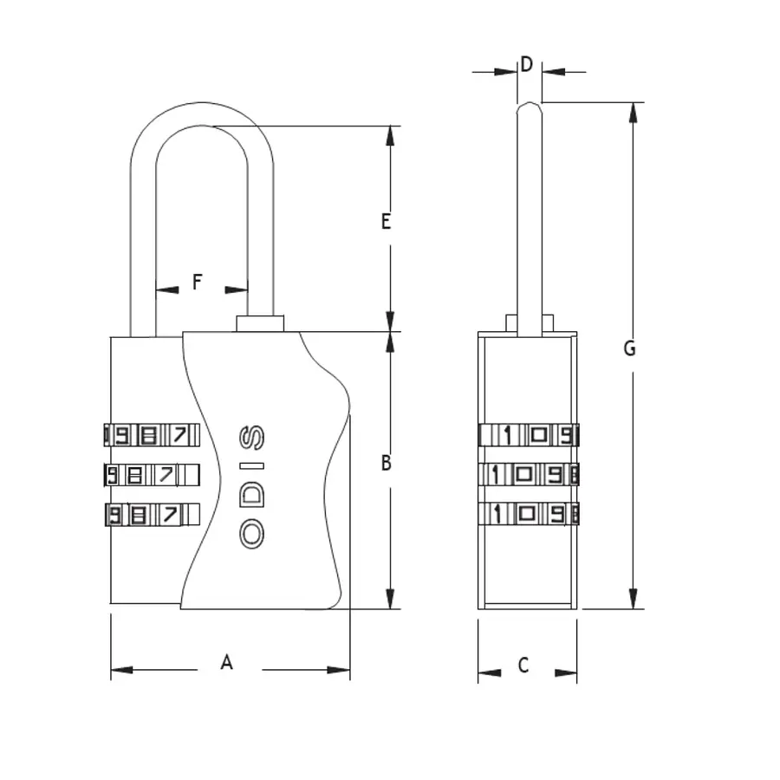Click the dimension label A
coord(227,663)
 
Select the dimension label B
coord(387,464)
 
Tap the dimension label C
coord(523,666)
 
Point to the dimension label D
coord(526,64)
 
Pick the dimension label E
coord(387,222)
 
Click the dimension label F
coord(197,283)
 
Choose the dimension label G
coord(630,348)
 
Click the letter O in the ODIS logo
coord(251,534)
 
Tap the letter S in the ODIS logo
coord(251,439)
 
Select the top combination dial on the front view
coord(147,435)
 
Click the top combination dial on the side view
coord(528,435)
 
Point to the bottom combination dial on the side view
coord(528,514)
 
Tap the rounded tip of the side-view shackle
coord(529,107)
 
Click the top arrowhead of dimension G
coord(634,111)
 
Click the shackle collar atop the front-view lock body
coord(260,323)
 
